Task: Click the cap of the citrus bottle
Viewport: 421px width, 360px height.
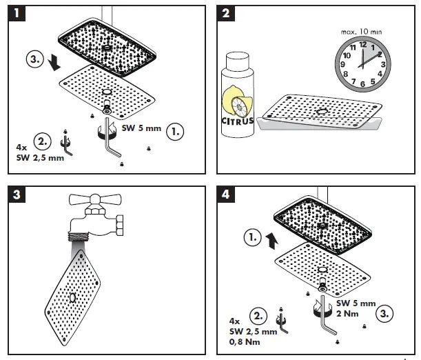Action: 236,61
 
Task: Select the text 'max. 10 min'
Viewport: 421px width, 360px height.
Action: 362,31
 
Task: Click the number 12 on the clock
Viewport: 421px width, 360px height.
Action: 363,44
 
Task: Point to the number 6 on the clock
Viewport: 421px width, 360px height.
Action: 363,84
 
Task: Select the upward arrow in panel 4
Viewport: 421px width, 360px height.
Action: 272,241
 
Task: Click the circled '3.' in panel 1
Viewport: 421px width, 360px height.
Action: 36,59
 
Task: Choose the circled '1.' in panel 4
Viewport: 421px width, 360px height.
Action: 253,239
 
